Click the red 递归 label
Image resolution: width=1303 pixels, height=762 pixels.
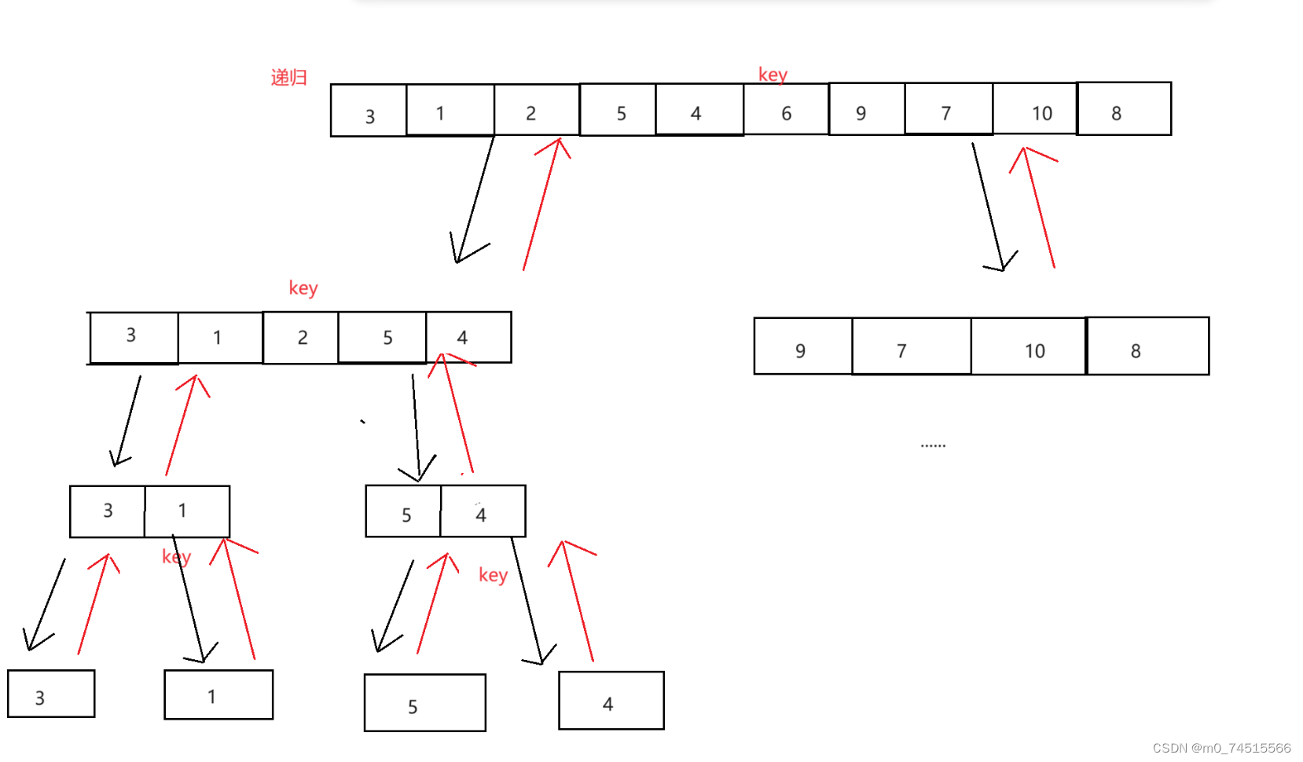coord(288,77)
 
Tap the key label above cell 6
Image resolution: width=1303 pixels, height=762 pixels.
coord(773,75)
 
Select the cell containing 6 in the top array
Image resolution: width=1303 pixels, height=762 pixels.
coord(786,110)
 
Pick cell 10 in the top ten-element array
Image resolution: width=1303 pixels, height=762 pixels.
coord(1035,109)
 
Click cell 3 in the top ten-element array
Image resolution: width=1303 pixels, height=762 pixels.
coord(369,111)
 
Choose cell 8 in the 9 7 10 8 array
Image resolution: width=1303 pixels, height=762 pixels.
coord(1147,346)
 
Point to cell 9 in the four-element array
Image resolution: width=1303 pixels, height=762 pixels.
coord(802,346)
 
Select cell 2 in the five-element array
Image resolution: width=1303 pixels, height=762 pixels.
coord(301,338)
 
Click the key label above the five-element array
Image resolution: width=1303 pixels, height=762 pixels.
coord(303,288)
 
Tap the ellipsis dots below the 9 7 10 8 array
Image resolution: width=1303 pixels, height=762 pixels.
coord(933,445)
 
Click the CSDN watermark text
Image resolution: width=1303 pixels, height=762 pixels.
coord(1221,748)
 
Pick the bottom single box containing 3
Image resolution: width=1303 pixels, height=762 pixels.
coord(51,694)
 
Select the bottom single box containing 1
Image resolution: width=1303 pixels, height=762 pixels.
coord(218,694)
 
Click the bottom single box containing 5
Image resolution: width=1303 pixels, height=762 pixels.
coord(424,703)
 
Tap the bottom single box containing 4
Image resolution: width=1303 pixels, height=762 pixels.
coord(611,701)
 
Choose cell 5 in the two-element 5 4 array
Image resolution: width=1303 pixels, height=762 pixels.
coord(403,511)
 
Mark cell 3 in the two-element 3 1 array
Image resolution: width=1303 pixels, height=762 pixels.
coord(108,511)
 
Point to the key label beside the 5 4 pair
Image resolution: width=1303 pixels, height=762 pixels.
coord(493,575)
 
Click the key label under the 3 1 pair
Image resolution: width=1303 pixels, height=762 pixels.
coord(176,557)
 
